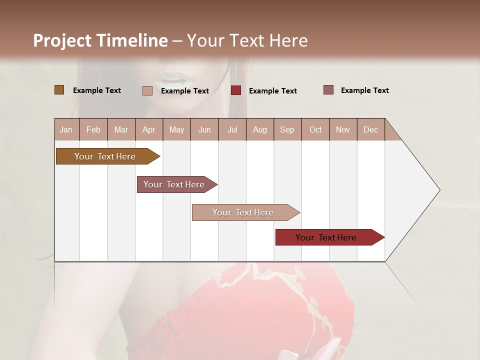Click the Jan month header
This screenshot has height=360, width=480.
point(66,129)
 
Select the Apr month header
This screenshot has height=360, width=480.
point(148,129)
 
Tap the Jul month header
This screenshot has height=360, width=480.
point(232,129)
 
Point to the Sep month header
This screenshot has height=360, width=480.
point(287,129)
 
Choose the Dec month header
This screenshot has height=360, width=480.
point(370,129)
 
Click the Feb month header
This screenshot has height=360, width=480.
point(93,129)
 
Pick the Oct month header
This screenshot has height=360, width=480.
point(315,129)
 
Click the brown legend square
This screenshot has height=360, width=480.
point(59,90)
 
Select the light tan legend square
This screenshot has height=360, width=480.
point(147,90)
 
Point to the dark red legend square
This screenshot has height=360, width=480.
point(236,90)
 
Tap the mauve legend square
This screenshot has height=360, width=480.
point(328,90)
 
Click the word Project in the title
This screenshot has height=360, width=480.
point(62,40)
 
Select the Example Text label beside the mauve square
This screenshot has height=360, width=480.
point(364,90)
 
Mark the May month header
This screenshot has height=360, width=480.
point(176,129)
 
